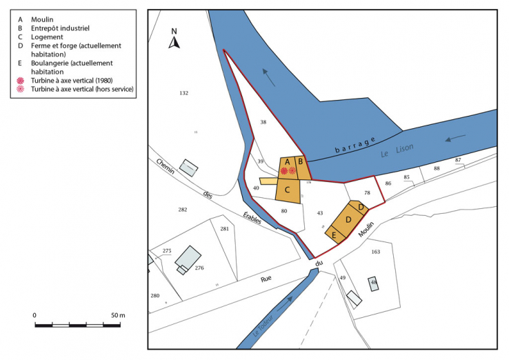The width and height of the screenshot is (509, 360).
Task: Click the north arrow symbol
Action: click(174, 41)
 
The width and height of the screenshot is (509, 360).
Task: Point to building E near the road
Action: click(335, 235)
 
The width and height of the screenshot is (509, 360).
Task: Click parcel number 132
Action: click(183, 92)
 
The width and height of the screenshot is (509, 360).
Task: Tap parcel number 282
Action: click(183, 209)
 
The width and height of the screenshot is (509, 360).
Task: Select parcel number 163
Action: click(375, 252)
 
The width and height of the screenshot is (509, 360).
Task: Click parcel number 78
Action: click(368, 193)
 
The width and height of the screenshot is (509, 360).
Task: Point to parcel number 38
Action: click(263, 122)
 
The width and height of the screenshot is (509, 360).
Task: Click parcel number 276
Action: click(199, 268)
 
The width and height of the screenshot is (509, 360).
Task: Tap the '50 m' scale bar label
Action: click(117, 315)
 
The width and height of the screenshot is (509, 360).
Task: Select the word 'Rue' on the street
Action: click(266, 279)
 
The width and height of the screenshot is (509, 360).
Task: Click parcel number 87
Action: click(458, 160)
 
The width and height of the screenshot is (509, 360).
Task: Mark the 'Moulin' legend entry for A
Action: click(44, 19)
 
